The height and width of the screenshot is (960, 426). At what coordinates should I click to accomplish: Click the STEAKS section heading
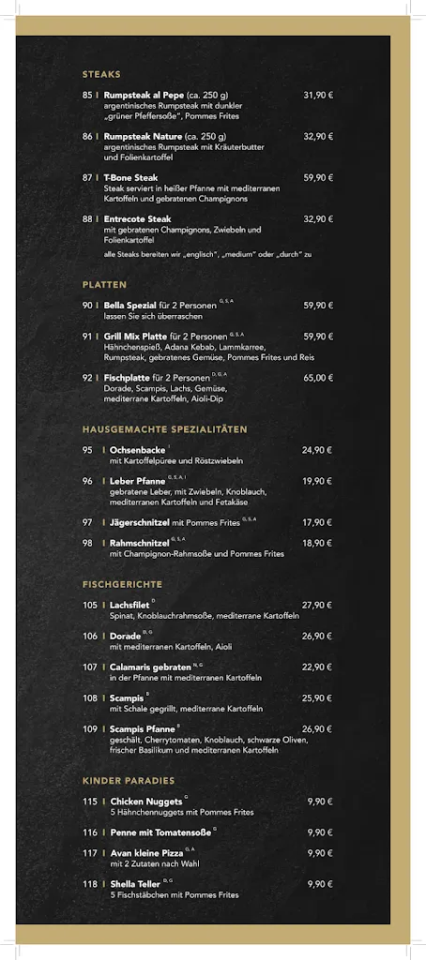click(x=101, y=74)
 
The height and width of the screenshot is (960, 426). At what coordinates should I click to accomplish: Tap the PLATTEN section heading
click(x=104, y=284)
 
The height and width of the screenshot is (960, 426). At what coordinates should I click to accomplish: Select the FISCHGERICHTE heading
click(x=122, y=584)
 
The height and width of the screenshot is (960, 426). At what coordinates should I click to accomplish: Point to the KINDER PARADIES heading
click(x=129, y=781)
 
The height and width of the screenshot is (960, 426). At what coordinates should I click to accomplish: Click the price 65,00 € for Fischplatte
click(x=318, y=378)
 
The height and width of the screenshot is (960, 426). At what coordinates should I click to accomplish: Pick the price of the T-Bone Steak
click(x=318, y=177)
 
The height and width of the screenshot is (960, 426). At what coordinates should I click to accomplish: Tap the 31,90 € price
click(x=318, y=95)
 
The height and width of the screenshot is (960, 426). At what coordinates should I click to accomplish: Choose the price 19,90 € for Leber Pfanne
click(x=317, y=481)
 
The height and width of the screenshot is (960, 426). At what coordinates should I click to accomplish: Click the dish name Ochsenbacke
click(x=137, y=450)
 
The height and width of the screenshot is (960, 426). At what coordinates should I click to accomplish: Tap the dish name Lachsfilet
click(x=129, y=605)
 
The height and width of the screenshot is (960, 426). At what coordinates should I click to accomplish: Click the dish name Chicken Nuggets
click(x=146, y=802)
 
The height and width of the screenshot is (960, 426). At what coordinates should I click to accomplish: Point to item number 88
click(x=87, y=218)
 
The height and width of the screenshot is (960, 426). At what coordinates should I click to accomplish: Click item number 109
click(x=90, y=728)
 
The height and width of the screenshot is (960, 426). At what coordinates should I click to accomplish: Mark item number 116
click(x=90, y=832)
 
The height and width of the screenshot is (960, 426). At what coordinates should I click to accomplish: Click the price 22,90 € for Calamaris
click(x=317, y=667)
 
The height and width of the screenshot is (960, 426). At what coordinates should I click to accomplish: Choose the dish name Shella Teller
click(x=136, y=883)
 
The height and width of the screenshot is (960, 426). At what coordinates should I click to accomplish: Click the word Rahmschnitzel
click(x=139, y=543)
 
